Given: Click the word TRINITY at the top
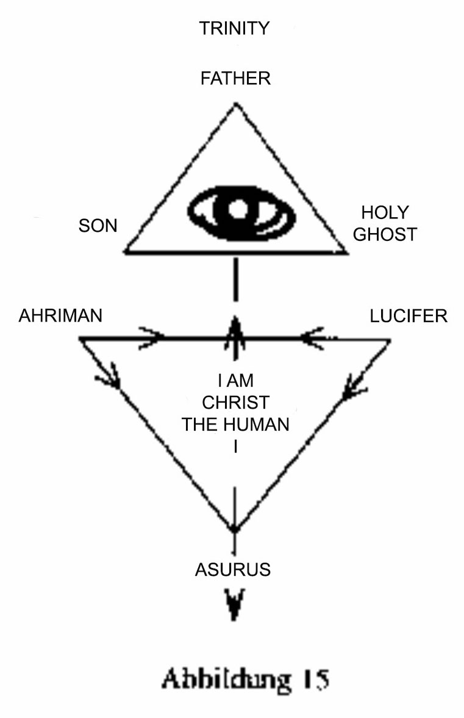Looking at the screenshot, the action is (234, 29).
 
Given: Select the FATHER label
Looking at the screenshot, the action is (235, 78).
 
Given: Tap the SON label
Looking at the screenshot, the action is (98, 225).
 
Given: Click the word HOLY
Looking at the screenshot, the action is (385, 212).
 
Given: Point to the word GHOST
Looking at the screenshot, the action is (385, 234).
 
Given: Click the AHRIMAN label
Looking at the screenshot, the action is (60, 316).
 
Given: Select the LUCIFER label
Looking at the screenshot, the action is (409, 316).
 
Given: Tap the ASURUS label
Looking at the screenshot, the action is (233, 570).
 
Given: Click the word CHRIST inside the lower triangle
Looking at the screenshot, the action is (235, 403).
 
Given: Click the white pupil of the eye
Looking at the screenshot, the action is (236, 209).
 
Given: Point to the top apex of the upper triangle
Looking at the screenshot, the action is (235, 104).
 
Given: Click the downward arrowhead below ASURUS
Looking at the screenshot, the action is (234, 603).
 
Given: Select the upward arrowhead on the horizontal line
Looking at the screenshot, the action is (235, 329).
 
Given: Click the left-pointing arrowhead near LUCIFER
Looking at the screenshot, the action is (312, 339).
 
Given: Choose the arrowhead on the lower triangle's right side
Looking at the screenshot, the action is (354, 387).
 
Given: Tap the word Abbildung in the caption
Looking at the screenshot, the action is (226, 680).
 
